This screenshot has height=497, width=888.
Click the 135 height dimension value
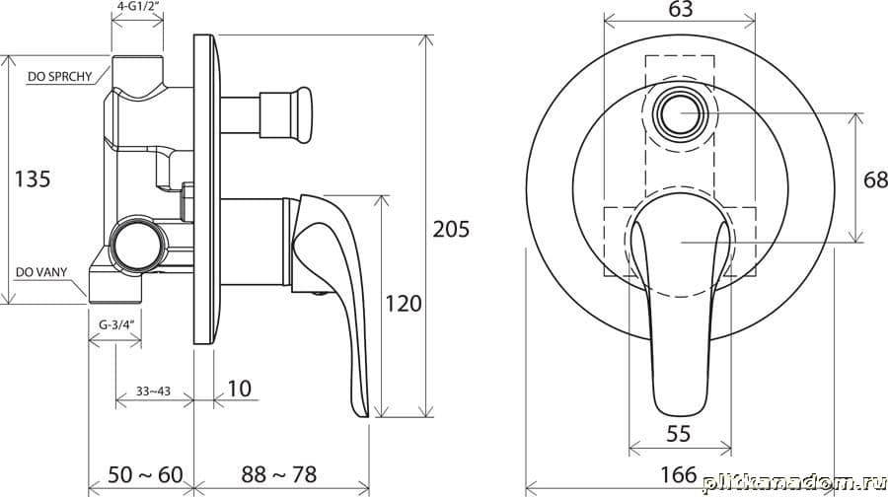click(33, 178)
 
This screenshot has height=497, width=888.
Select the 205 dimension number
click(451, 229)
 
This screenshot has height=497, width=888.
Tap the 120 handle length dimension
click(404, 304)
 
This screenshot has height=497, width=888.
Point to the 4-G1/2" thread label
click(137, 7)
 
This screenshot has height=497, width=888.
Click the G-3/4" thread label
click(115, 324)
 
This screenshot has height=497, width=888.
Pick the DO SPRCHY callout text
click(59, 76)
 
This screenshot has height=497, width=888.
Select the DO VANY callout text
click(41, 272)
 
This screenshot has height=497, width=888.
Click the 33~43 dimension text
click(153, 391)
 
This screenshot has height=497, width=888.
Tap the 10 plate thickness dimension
click(240, 389)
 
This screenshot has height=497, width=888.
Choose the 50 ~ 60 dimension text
click(146, 474)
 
